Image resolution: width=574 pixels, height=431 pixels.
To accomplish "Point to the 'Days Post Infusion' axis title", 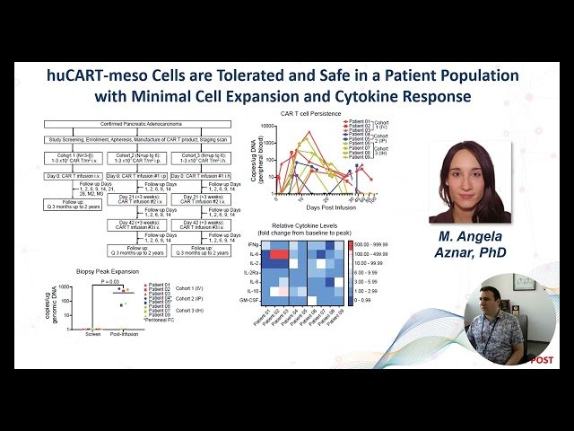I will [317, 205].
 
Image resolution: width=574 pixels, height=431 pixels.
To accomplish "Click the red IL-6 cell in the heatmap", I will [279, 255].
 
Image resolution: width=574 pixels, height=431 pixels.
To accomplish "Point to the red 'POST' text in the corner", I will [541, 359].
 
